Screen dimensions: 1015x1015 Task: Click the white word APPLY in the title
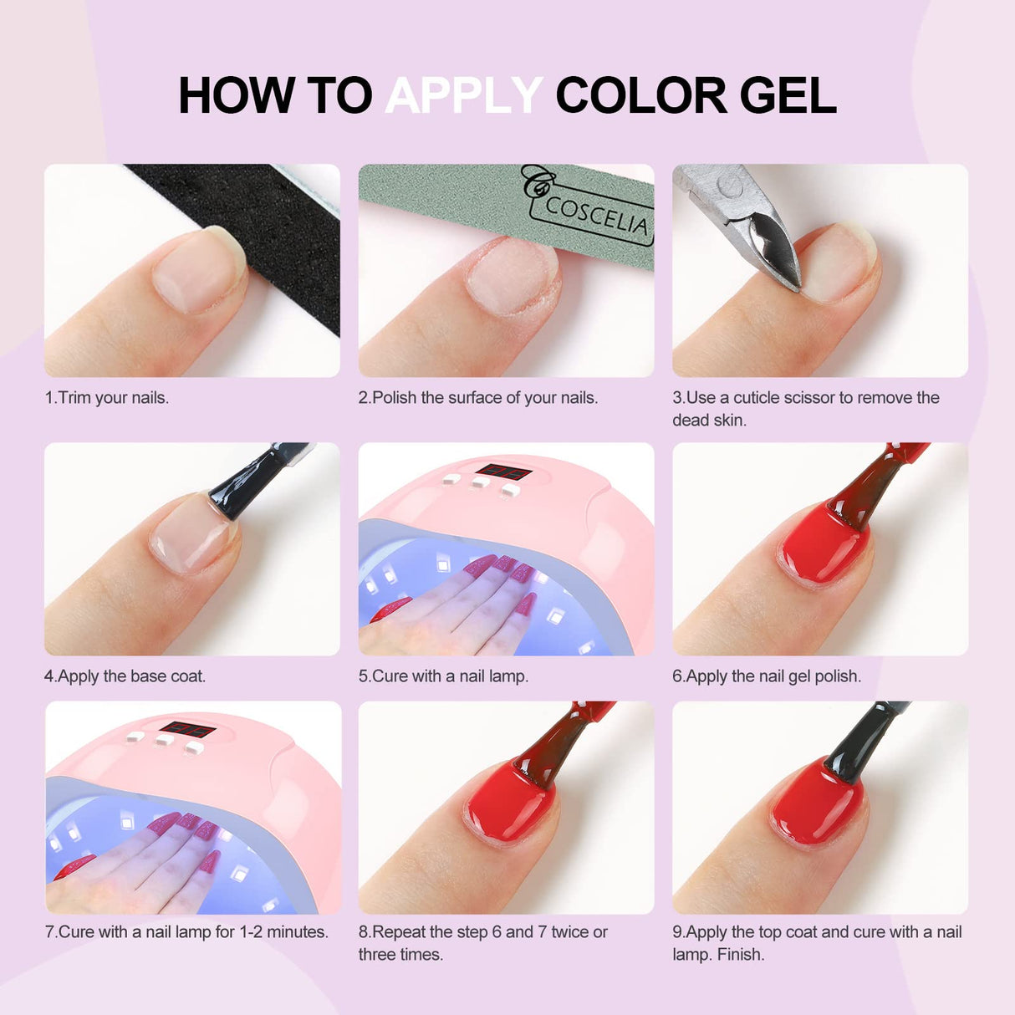click(464, 95)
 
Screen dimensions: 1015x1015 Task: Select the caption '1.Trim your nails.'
click(107, 398)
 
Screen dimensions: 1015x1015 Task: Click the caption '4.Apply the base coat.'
click(125, 676)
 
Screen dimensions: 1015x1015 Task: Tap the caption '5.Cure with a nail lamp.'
click(443, 676)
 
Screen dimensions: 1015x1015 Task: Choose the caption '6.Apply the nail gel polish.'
click(767, 676)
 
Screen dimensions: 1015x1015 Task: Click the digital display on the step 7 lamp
click(188, 730)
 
